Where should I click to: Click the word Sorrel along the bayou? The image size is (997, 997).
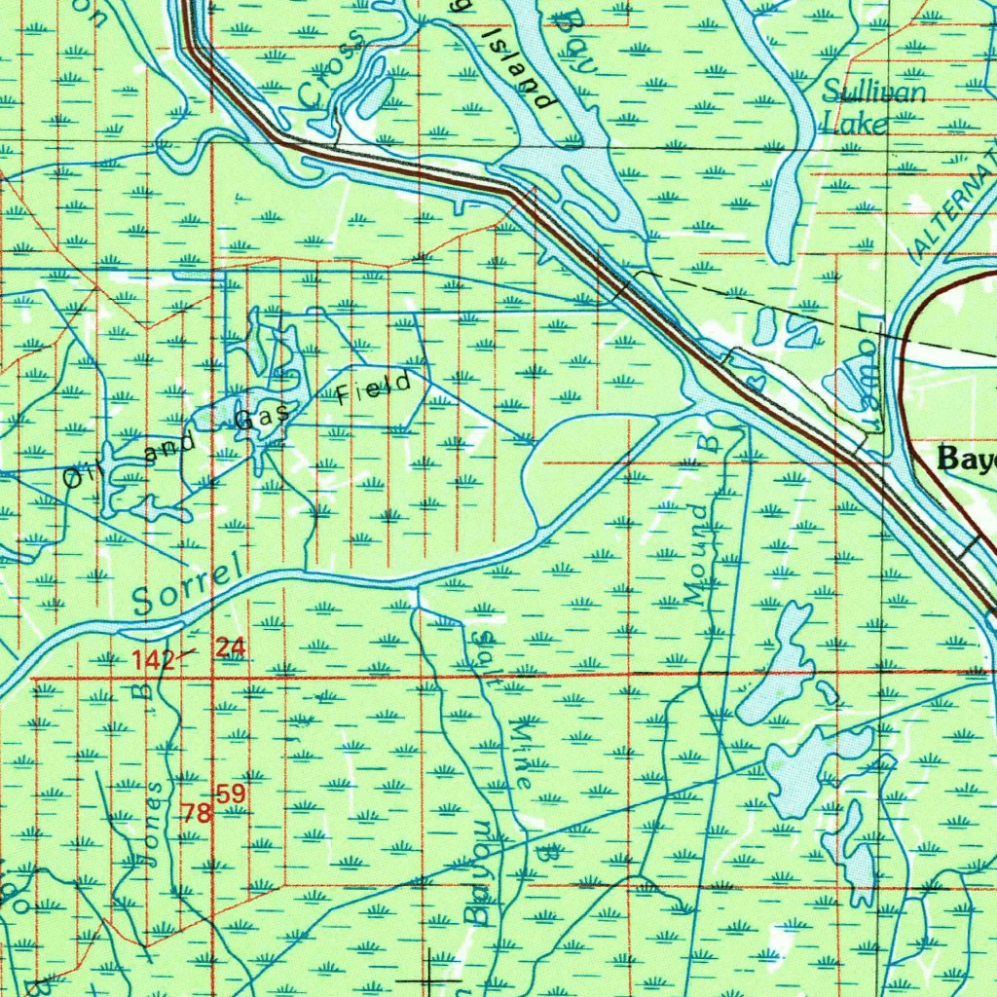click(188, 588)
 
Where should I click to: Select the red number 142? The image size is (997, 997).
click(154, 661)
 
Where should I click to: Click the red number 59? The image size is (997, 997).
click(231, 794)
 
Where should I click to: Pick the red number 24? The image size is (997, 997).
click(232, 646)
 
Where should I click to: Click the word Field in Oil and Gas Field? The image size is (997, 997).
click(374, 389)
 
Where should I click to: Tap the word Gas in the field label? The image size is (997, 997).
click(261, 418)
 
